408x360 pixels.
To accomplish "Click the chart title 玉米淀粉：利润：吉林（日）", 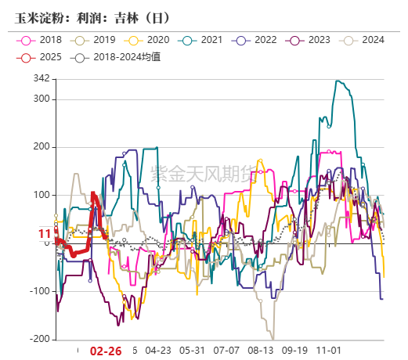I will point(92,16).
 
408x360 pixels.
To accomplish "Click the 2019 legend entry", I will point(96,40).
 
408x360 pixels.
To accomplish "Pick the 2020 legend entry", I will point(150,40).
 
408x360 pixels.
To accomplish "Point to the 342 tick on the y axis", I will point(42,79).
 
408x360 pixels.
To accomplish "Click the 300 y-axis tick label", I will point(42,99).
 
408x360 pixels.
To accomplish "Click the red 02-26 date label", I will point(106,351).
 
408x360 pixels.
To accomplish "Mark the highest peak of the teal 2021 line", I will point(337,81).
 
